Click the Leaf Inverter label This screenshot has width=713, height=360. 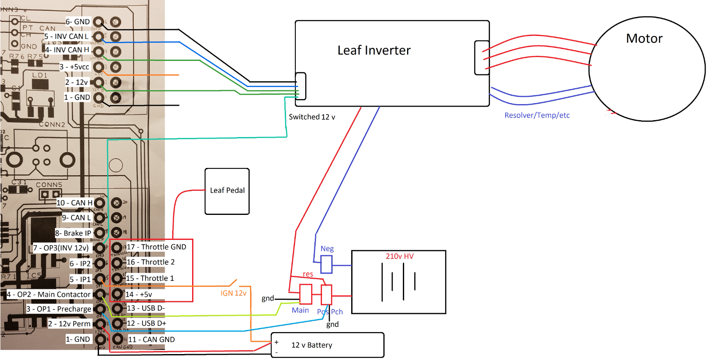click(x=374, y=50)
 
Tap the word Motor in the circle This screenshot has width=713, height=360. click(x=644, y=38)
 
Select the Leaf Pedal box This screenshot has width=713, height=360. click(x=227, y=191)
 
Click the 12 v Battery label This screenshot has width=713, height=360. click(x=311, y=345)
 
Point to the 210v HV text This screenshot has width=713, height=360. click(x=399, y=256)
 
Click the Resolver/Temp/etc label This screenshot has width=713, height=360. click(x=537, y=115)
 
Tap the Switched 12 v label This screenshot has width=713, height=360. click(x=312, y=117)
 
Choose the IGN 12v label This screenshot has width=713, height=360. click(x=233, y=293)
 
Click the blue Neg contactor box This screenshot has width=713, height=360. click(x=326, y=265)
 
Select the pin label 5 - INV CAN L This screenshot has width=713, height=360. click(x=66, y=36)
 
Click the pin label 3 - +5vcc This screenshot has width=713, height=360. click(x=74, y=67)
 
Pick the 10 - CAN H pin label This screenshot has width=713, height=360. click(x=74, y=203)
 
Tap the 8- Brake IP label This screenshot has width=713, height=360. click(x=73, y=233)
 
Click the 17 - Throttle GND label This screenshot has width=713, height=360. click(x=156, y=247)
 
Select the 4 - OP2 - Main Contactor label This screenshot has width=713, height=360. click(x=49, y=294)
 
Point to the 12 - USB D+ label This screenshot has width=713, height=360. click(x=146, y=323)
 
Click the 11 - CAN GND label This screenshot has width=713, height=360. click(x=151, y=339)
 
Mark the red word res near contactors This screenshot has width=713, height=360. click(x=308, y=274)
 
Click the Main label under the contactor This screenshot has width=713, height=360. click(x=300, y=310)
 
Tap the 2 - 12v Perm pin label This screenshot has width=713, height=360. click(x=69, y=324)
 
